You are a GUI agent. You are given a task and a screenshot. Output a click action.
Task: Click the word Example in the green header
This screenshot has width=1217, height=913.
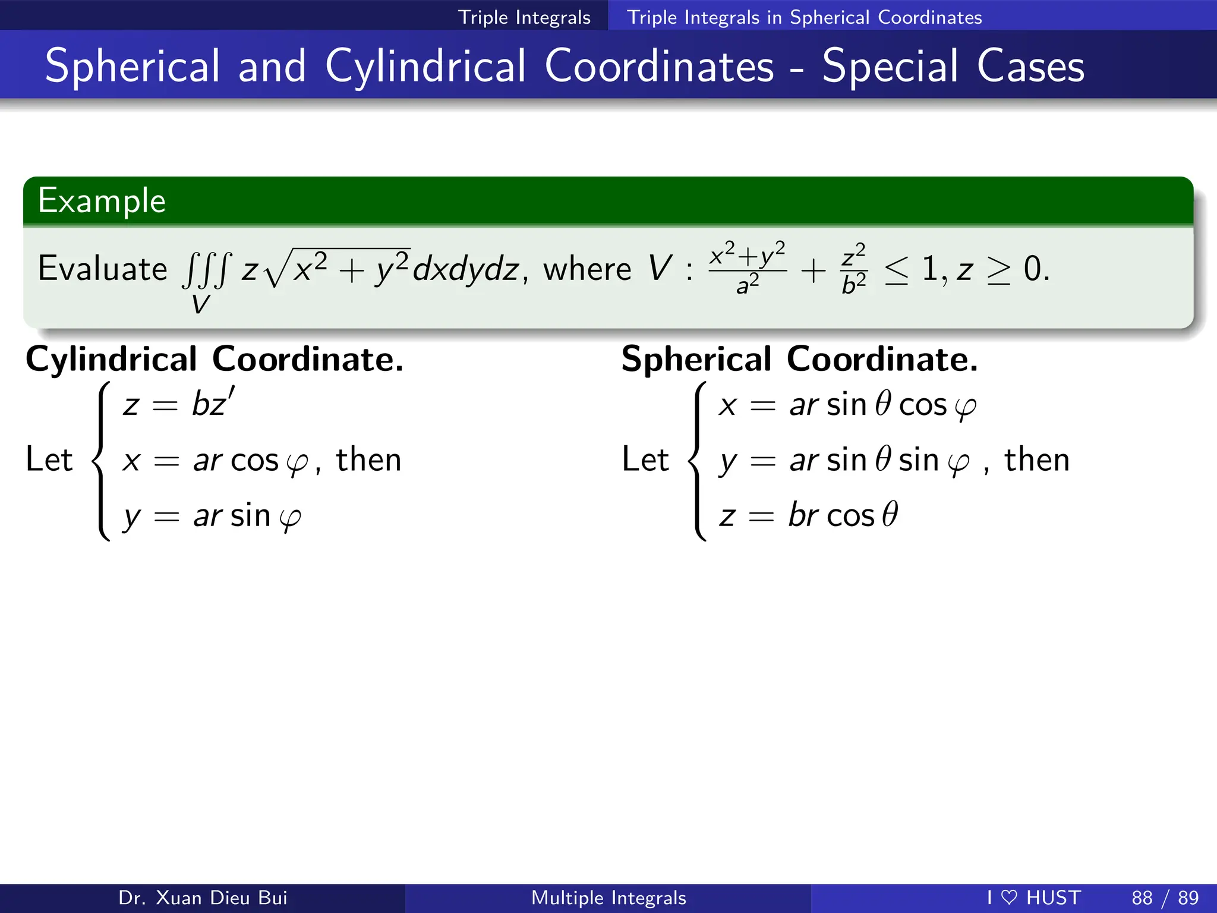pos(102,201)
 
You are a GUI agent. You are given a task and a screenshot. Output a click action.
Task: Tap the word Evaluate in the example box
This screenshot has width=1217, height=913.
pos(102,269)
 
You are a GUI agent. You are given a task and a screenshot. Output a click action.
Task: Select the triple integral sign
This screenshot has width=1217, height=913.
pos(205,270)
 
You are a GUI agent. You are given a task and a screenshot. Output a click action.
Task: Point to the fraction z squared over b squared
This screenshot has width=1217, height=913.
pos(854,269)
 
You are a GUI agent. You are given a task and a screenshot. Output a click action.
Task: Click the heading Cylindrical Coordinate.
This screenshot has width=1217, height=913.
pos(215,359)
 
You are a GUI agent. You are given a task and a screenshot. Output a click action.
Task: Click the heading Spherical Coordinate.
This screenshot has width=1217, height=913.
pos(799,359)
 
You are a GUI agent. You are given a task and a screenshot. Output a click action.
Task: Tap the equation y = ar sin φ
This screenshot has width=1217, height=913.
pos(212,516)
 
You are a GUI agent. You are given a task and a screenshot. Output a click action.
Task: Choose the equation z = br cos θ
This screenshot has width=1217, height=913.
pos(808,515)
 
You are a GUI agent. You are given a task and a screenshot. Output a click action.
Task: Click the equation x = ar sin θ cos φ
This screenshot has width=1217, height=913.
pos(847,405)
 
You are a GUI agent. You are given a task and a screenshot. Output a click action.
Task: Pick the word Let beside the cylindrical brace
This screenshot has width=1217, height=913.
pos(49,459)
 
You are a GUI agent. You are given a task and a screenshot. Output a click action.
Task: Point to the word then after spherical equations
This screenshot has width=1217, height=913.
pos(1037,459)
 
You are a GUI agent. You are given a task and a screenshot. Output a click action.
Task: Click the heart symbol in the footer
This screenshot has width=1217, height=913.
pos(1009,897)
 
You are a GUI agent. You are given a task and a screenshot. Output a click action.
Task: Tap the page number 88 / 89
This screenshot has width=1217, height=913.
pos(1165,898)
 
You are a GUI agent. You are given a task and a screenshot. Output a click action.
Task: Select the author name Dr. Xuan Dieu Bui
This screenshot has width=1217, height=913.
pos(203,898)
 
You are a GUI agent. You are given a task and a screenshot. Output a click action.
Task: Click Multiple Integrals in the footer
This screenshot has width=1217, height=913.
pos(608,898)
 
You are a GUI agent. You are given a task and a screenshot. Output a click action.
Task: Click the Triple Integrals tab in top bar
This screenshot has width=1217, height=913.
pos(524,17)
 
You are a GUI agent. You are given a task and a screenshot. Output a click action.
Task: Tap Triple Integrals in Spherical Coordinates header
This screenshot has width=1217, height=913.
pos(804,17)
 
